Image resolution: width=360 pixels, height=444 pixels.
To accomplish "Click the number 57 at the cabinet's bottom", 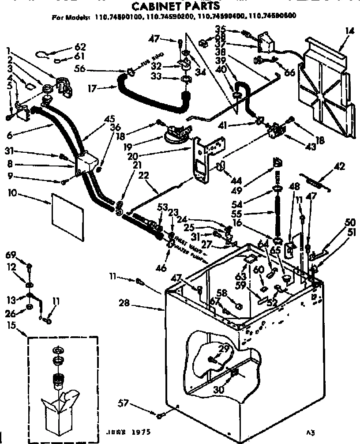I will click(x=124, y=403).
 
